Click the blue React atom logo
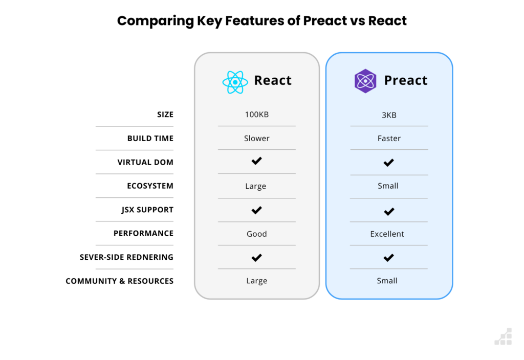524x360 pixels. point(235,82)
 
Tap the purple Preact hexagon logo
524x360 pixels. point(365,81)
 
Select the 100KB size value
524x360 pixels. point(256,115)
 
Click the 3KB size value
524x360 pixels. point(389,115)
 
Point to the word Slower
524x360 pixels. point(256,138)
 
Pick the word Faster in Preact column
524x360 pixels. point(389,138)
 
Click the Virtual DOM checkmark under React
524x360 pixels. point(256,161)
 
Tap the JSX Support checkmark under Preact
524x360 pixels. point(389,211)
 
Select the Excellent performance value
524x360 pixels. point(387,234)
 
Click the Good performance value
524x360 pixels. point(256,234)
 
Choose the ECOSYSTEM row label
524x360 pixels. point(150,186)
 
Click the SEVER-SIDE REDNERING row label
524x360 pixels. point(126,257)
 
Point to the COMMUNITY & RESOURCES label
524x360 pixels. point(119,281)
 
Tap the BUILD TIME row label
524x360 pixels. point(150,138)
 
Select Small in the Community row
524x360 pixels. point(387,281)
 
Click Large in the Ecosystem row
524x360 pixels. point(255,186)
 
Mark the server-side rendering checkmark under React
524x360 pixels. point(256,257)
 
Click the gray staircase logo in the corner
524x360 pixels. point(503,336)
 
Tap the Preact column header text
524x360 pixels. point(405,80)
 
